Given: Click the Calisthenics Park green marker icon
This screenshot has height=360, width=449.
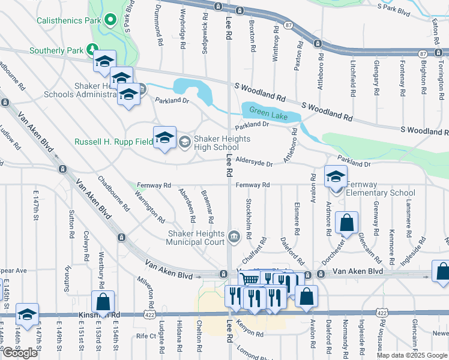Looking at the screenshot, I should [x=109, y=20].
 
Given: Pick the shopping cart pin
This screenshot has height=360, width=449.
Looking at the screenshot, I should [x=250, y=279].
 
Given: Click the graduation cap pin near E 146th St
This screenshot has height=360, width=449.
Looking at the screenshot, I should [x=27, y=314].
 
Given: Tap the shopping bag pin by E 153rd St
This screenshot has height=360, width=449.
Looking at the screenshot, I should [x=103, y=302].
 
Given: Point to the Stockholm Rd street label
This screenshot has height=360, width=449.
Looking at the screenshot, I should [x=248, y=217].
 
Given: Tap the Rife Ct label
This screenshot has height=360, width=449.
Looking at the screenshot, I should [x=145, y=336].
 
